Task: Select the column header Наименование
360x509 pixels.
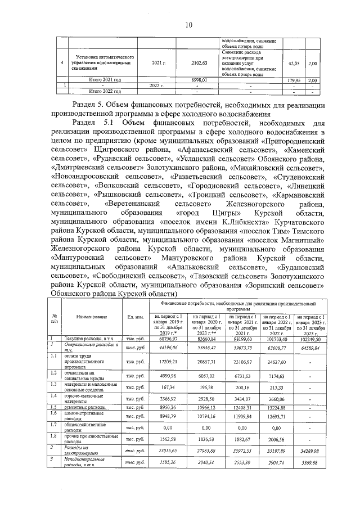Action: coord(92,317)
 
